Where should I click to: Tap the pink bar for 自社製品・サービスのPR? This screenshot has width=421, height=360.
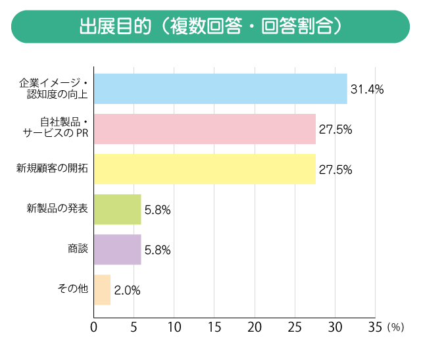coord(205,129)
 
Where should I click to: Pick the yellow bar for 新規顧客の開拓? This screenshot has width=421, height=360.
coord(205,169)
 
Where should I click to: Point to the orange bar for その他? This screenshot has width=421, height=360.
coord(102,290)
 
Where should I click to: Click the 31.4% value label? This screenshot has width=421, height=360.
coord(367,90)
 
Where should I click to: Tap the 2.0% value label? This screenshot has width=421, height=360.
coord(127,290)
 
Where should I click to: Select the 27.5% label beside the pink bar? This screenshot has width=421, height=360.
coord(335,130)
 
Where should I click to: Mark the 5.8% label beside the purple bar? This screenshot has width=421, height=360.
coord(158,250)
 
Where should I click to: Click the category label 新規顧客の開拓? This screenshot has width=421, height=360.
coord(52,169)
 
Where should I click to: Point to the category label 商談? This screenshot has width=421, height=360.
coord(78,249)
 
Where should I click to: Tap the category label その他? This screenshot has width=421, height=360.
coord(73,290)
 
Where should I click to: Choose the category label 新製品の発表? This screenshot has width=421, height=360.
coord(57,209)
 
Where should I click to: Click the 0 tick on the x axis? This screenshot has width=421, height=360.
coord(94,327)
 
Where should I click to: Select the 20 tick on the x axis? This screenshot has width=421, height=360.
coord(255,327)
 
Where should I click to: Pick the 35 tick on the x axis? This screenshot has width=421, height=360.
coord(375,327)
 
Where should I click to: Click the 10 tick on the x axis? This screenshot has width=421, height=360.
coord(174,327)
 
